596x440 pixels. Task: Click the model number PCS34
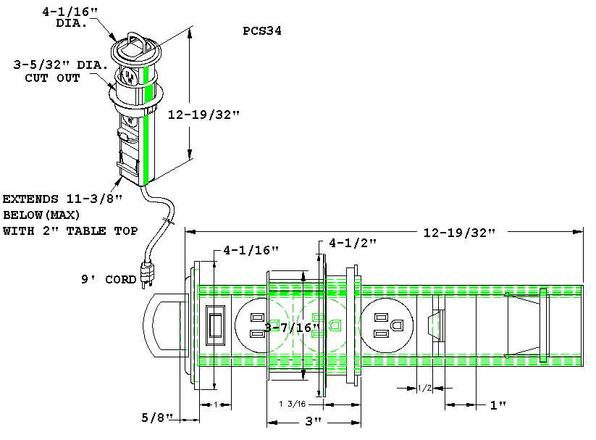[x=263, y=32]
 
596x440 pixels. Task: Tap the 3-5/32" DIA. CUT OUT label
[x=61, y=71]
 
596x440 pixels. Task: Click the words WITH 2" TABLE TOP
[x=70, y=231]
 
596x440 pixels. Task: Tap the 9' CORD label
[x=108, y=279]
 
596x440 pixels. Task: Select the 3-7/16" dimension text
[x=292, y=328]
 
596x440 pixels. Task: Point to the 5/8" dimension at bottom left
[x=158, y=418]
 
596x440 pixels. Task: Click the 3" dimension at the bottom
[x=313, y=421]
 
